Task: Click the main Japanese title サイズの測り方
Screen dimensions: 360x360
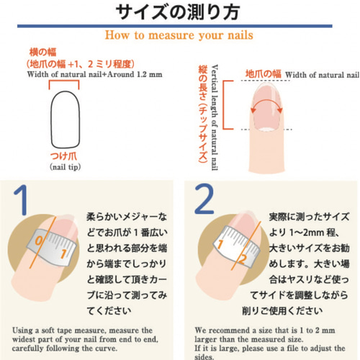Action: click(178, 12)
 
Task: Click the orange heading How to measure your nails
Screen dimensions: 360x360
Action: click(179, 35)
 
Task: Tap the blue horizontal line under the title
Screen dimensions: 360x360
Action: click(175, 26)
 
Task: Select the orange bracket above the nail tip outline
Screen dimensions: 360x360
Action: click(64, 81)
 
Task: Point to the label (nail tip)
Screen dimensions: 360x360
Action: click(66, 167)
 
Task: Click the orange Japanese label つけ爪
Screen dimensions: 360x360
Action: click(64, 156)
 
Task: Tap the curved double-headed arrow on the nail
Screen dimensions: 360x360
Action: click(266, 101)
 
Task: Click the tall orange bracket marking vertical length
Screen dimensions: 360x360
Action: click(224, 105)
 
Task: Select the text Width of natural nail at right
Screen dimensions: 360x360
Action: click(322, 75)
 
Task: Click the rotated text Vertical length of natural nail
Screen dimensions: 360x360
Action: click(215, 117)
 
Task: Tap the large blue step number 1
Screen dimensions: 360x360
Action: click(21, 199)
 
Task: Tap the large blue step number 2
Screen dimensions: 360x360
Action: click(204, 199)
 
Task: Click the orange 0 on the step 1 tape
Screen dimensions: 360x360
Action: click(39, 240)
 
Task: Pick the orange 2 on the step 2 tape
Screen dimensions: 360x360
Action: click(243, 258)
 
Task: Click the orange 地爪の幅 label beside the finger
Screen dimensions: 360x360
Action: click(263, 73)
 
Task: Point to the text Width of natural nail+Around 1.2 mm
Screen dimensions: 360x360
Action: click(94, 74)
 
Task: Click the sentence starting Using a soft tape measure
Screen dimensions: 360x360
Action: click(85, 339)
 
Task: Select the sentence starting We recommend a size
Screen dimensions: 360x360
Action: click(270, 343)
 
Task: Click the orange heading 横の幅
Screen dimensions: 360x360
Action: click(42, 52)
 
